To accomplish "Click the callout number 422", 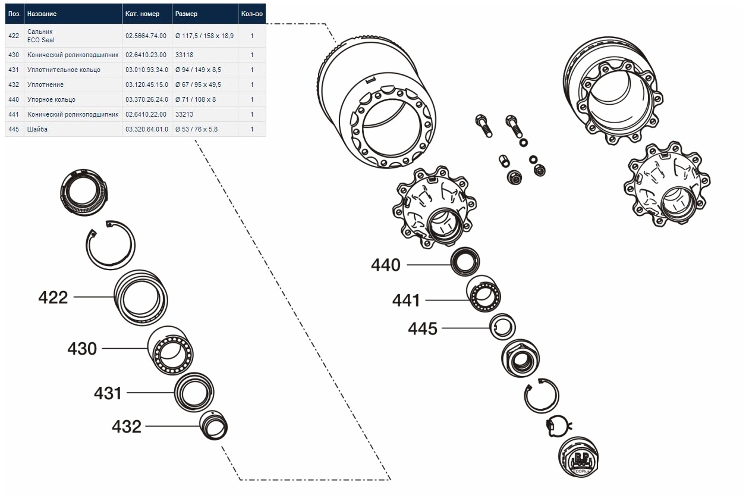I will [x=53, y=297].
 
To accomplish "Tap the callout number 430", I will [x=82, y=349].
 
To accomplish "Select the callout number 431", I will [x=108, y=393].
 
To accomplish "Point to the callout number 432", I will [x=127, y=427].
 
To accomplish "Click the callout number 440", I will [x=386, y=265].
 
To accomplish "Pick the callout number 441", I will [x=406, y=300].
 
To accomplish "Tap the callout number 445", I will [x=423, y=328].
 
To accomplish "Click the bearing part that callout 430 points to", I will [x=171, y=351].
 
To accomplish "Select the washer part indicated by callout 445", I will [x=503, y=327].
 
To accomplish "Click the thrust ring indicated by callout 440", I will [x=465, y=261].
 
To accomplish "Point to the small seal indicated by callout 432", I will [x=213, y=425].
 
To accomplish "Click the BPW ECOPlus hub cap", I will [x=578, y=459].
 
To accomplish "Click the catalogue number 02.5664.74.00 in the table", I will [x=146, y=36].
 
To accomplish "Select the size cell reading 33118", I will [x=184, y=55].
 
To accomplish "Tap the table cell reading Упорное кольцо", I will [x=51, y=99].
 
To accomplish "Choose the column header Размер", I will [x=186, y=14].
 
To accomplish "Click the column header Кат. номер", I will [x=142, y=14].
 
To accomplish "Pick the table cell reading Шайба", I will [x=37, y=129].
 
